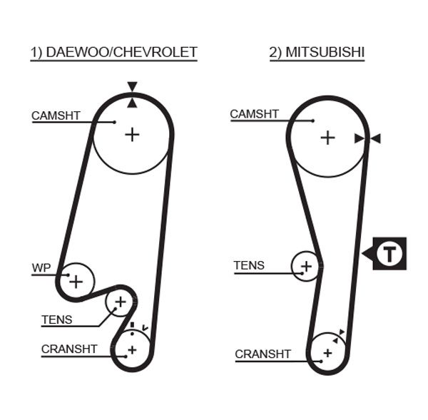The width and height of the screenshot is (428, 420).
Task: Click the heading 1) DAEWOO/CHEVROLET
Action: coord(113,53)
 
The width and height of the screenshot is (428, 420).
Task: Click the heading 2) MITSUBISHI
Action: coord(317,53)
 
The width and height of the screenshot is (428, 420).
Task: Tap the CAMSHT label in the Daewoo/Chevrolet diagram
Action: coord(56,116)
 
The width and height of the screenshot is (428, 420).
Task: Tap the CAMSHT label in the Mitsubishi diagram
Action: coord(255,114)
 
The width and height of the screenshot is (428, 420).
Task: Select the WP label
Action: coord(41,268)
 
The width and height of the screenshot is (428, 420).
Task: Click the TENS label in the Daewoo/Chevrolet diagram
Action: coord(56,319)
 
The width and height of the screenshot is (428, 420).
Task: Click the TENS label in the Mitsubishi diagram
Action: coord(249,265)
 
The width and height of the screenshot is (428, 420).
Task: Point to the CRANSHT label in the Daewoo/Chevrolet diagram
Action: coord(69,349)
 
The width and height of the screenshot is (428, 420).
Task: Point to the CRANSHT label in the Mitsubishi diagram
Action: coord(263,354)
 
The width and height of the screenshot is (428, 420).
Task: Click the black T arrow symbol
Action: coord(385,253)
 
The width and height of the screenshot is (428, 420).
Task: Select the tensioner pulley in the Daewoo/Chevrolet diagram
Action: coord(120,303)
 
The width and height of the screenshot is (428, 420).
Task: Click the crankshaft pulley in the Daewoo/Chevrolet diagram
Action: coord(132,349)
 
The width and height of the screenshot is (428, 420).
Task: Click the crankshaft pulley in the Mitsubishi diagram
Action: coord(327,352)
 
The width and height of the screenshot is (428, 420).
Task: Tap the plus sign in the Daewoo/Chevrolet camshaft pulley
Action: coord(132,133)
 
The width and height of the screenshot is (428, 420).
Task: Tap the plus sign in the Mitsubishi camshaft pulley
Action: coord(327,137)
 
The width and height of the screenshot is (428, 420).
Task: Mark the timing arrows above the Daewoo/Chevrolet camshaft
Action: coord(132,95)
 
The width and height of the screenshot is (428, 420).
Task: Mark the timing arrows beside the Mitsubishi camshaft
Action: coord(367,138)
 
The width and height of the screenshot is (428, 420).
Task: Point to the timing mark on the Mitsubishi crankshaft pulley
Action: coord(342,334)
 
